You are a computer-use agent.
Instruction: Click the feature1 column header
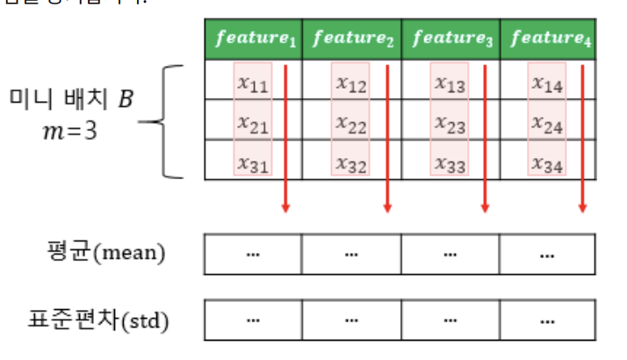coord(255,39)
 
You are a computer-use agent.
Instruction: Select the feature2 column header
coord(352,39)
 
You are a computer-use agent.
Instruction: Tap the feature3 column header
coord(451,39)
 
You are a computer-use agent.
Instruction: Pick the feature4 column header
coord(548,39)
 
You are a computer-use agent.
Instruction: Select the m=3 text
coord(69,131)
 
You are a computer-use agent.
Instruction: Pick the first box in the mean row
coord(253,255)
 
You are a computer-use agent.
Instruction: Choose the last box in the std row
coord(547,320)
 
